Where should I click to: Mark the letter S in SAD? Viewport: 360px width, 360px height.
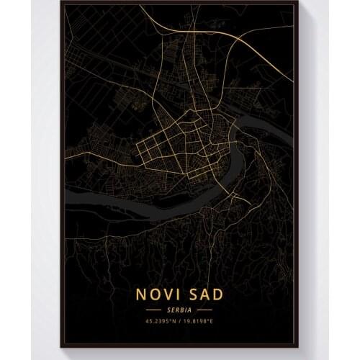pyautogui.click(x=194, y=294)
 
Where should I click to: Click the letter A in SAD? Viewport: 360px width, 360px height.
pyautogui.click(x=209, y=294)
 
